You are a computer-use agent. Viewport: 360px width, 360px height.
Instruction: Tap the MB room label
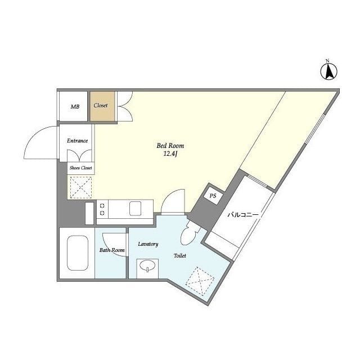click(75, 106)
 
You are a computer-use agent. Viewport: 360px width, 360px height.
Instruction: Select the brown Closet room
click(102, 106)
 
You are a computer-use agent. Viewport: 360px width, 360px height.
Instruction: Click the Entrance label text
click(78, 141)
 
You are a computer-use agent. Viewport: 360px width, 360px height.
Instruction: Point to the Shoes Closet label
click(81, 168)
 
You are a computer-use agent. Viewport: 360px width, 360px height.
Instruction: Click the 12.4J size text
click(170, 154)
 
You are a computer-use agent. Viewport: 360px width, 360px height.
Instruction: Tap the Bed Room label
click(170, 146)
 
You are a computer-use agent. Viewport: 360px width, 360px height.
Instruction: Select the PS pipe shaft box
click(213, 196)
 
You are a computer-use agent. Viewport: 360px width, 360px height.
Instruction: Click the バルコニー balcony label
click(243, 215)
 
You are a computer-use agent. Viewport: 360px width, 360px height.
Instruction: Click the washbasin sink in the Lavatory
click(147, 266)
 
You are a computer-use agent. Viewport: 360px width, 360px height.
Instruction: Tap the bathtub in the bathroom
click(78, 253)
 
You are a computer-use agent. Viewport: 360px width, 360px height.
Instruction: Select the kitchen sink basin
click(135, 209)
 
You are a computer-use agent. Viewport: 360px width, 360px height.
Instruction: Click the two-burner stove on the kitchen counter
click(102, 209)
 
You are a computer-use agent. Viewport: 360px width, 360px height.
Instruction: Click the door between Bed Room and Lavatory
click(173, 201)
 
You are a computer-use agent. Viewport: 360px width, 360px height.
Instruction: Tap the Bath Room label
click(112, 250)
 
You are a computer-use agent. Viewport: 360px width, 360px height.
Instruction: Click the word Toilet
click(180, 255)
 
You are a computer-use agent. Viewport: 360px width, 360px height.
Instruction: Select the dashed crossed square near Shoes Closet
click(81, 187)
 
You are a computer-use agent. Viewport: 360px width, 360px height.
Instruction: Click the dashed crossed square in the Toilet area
click(200, 281)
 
